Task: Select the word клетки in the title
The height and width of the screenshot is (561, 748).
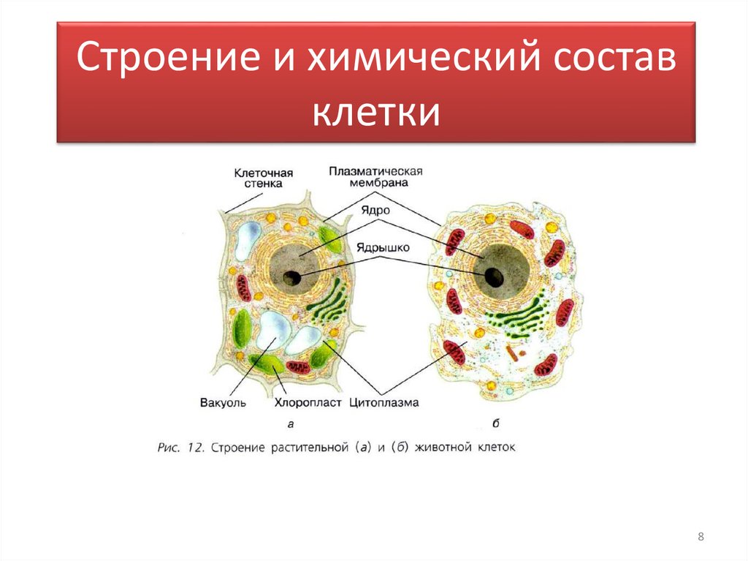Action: point(376,114)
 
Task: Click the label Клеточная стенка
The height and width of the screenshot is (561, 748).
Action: point(263,178)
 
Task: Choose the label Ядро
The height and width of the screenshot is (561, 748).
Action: point(374,210)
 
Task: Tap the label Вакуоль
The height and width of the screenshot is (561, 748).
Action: point(222,402)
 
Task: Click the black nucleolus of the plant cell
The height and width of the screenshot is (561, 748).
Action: point(293,277)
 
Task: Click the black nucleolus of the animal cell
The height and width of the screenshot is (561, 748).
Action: point(495,276)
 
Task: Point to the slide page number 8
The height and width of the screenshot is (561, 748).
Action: point(701,538)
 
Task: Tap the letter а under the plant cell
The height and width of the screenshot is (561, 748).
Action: point(291,423)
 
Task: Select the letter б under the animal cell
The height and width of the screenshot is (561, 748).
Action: point(497,423)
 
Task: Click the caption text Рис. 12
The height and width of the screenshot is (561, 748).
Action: point(180,447)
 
